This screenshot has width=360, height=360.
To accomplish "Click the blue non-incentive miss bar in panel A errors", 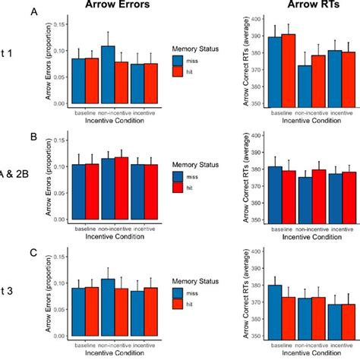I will click(108, 75).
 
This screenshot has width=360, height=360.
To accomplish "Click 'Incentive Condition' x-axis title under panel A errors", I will click(114, 119).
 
